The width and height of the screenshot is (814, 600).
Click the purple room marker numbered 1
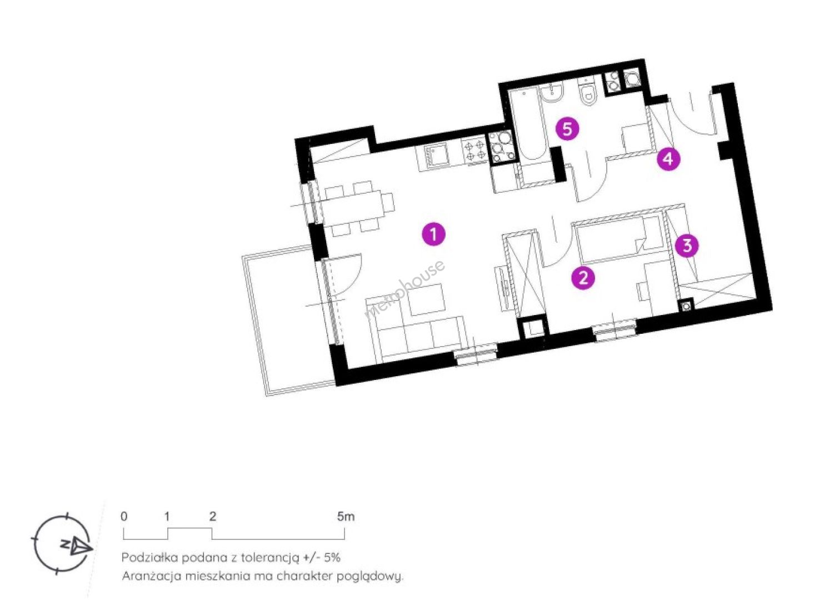point(433,234)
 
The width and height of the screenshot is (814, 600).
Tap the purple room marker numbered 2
point(583,278)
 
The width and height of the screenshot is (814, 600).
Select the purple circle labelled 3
point(687,246)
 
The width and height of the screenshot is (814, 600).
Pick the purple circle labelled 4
point(668,158)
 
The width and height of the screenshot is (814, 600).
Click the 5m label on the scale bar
point(346,517)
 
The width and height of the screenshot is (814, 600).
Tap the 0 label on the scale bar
point(124,517)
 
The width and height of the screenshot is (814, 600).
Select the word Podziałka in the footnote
point(150,557)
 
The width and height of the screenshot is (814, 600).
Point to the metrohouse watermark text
point(404,289)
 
